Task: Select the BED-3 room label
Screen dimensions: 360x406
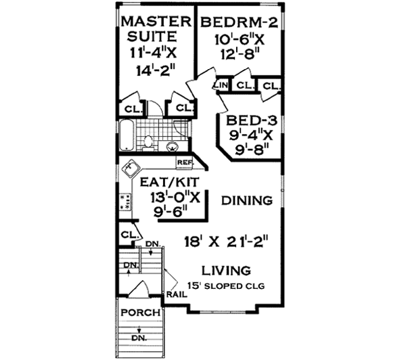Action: (x=246, y=118)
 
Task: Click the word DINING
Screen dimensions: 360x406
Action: (x=246, y=200)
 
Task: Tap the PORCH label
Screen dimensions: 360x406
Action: (x=140, y=313)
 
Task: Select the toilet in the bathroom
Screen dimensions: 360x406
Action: (x=149, y=142)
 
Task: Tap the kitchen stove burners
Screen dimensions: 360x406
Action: (x=126, y=200)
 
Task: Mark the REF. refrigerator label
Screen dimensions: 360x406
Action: (x=184, y=163)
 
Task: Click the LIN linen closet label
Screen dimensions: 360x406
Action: (x=220, y=85)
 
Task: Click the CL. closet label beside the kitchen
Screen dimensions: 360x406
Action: (x=127, y=234)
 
